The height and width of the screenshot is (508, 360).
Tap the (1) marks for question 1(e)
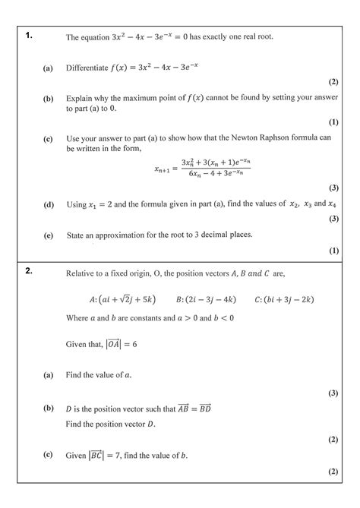333,250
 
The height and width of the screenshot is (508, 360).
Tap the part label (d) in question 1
48,204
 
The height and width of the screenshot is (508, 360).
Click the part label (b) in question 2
48,409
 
